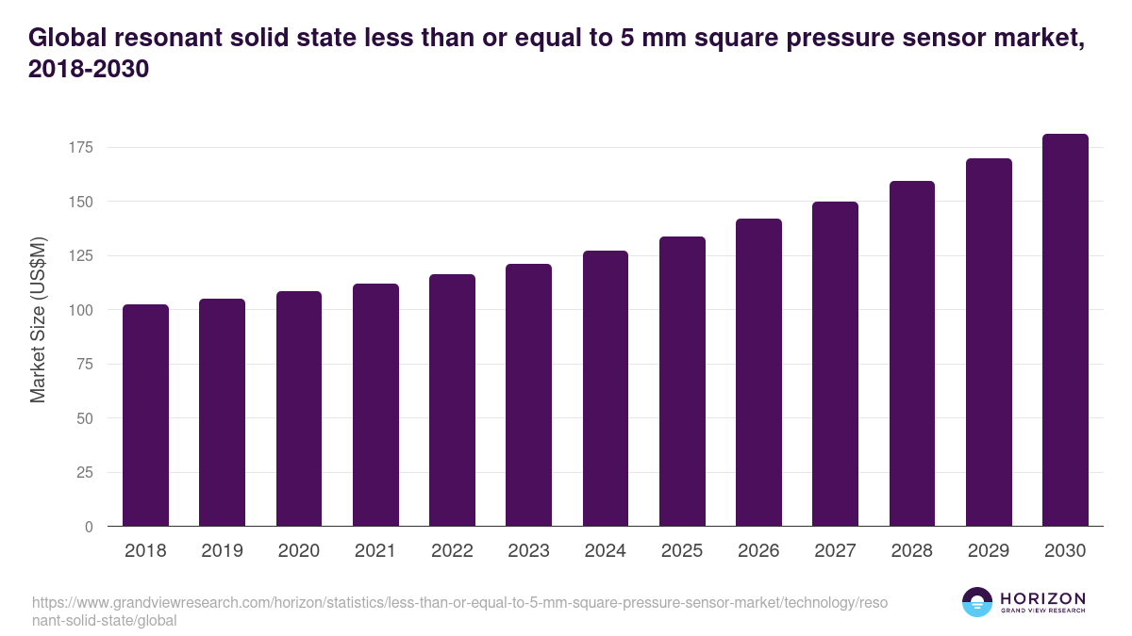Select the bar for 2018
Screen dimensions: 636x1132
[145, 416]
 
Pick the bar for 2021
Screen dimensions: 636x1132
[375, 405]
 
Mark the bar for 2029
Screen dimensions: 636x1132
[989, 342]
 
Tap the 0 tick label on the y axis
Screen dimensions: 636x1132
[88, 527]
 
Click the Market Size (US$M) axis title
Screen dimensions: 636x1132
[38, 320]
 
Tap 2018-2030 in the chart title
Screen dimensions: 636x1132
[90, 70]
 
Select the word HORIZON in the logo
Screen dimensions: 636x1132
[1042, 598]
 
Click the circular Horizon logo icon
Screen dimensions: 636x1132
[977, 602]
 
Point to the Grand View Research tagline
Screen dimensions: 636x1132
[1042, 612]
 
